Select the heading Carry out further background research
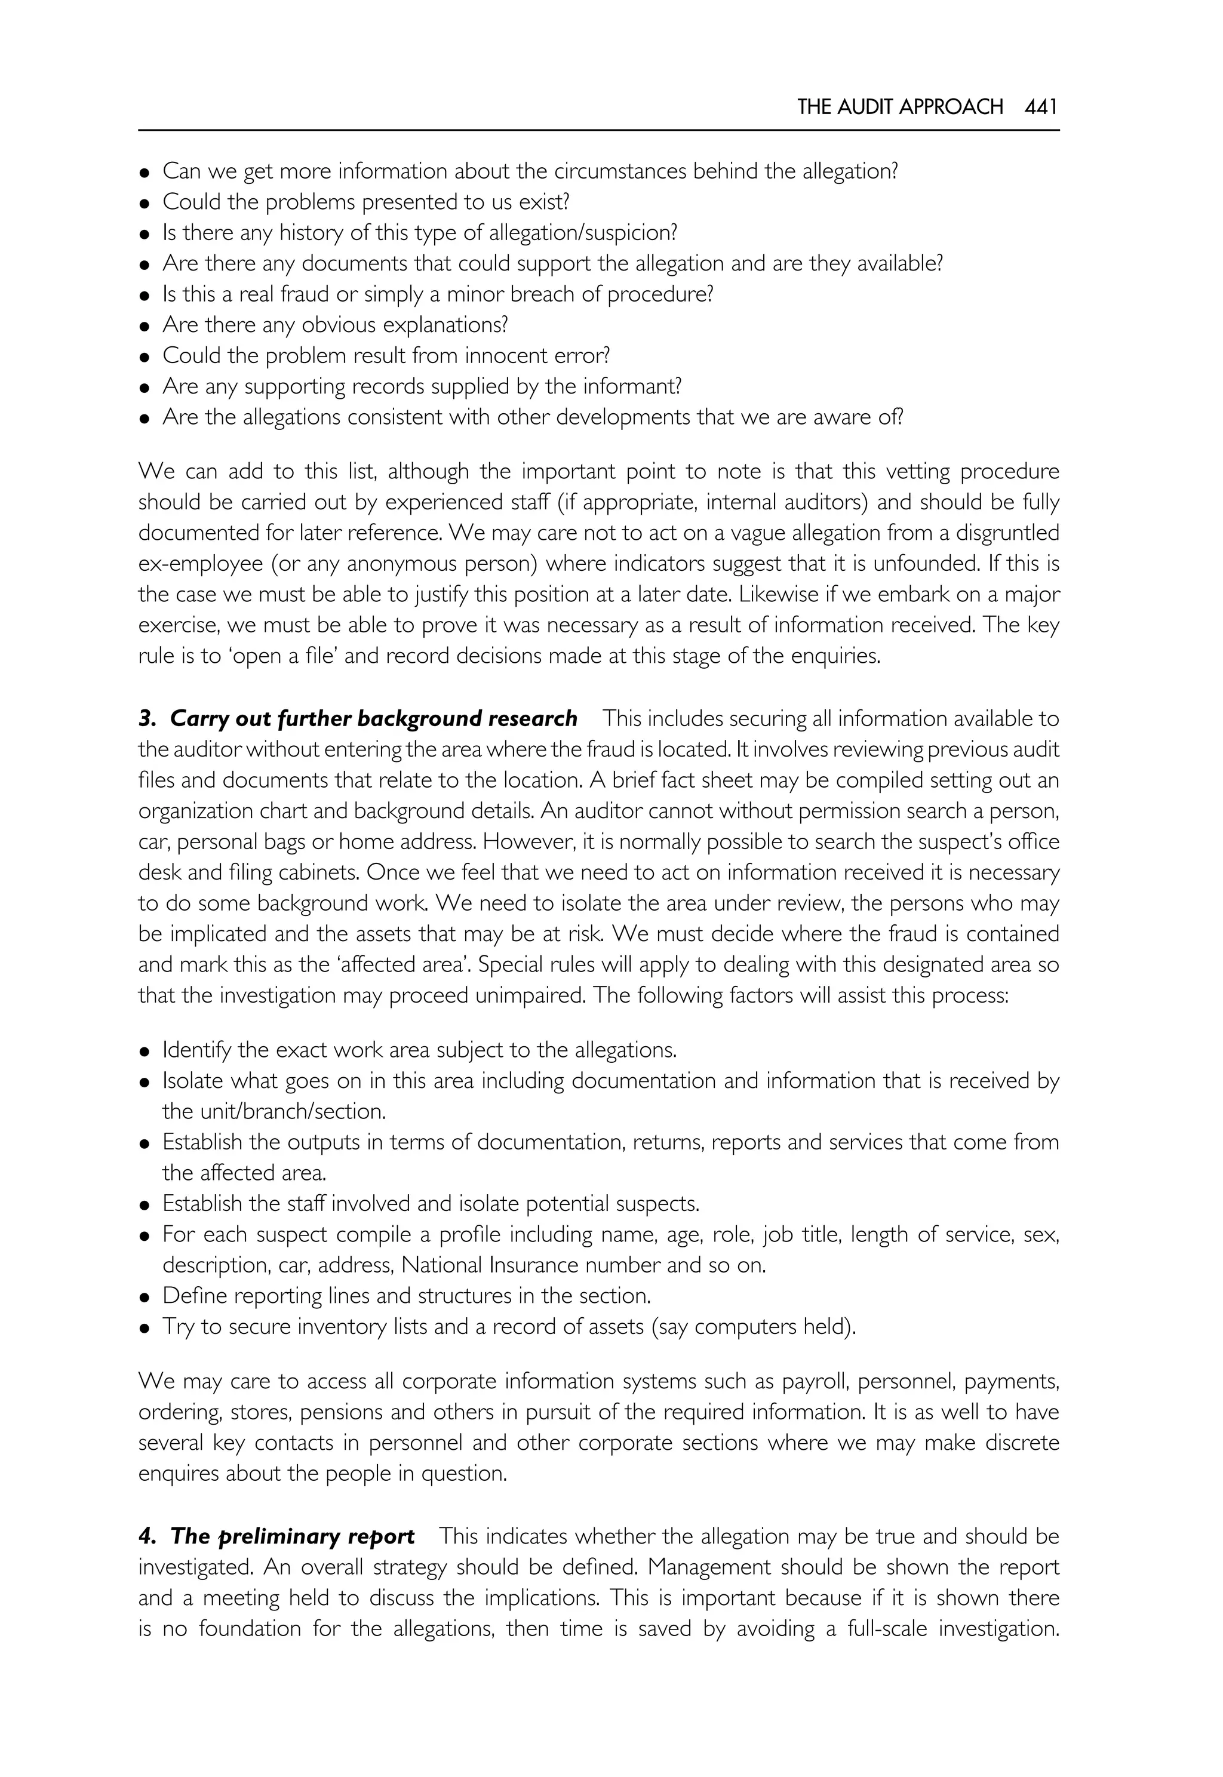pos(373,719)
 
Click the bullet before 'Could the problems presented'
pos(144,204)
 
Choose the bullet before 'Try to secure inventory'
pos(144,1328)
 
